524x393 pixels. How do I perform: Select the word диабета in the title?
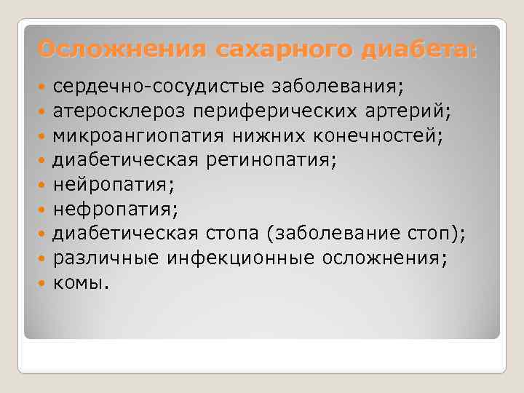coord(413,50)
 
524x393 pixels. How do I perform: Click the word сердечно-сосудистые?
coord(159,87)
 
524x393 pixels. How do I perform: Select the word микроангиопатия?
coord(140,136)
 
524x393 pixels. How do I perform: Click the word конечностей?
coord(375,136)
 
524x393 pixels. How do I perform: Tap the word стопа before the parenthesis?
coord(229,234)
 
